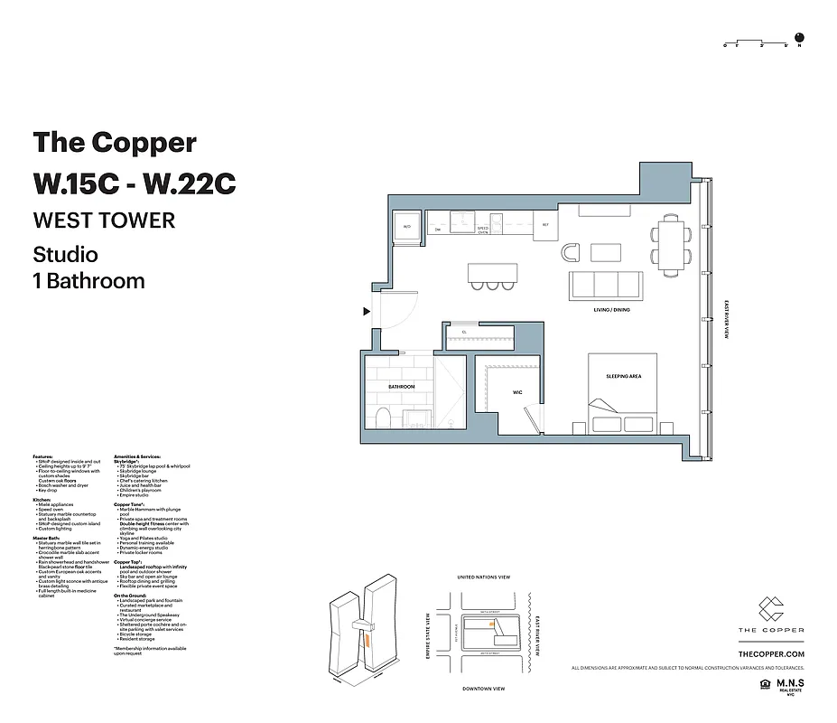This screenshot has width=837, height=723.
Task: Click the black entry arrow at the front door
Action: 366,312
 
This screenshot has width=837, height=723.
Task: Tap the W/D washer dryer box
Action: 406,226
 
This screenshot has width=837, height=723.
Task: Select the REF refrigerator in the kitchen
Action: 545,225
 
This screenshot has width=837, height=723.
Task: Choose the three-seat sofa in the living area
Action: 605,286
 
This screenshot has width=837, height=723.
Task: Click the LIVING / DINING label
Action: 611,310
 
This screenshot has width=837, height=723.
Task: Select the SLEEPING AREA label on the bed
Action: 623,376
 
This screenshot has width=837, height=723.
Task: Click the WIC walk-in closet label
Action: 517,392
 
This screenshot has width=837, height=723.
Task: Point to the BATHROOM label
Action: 401,387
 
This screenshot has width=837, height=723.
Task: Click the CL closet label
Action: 463,332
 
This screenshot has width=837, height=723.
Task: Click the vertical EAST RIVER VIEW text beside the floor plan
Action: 727,318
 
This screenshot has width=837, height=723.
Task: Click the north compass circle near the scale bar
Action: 799,39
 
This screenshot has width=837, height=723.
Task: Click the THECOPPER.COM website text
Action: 770,653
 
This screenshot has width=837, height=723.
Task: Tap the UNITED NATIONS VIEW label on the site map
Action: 484,577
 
